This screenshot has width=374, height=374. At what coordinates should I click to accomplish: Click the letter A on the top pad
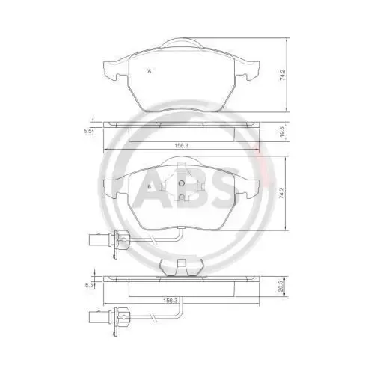click(150, 70)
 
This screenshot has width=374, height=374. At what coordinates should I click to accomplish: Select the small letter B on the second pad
click(150, 186)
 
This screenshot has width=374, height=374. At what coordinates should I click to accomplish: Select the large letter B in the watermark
click(192, 187)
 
